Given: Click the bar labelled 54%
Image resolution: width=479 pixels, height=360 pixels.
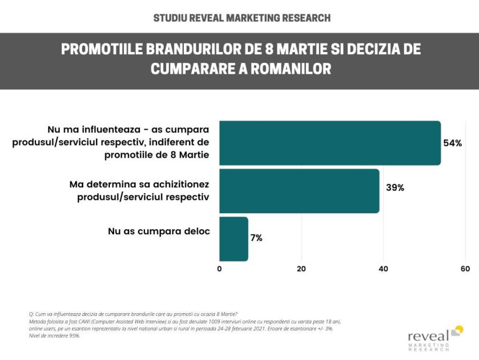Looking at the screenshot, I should click(x=330, y=143).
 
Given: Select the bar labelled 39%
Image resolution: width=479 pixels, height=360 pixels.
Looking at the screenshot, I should click(x=299, y=191).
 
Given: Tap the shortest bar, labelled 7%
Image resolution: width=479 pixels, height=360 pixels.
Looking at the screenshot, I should click(x=234, y=238).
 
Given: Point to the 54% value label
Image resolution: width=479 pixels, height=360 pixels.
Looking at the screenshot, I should click(x=452, y=143).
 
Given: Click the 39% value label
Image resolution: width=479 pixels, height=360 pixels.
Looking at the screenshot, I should click(x=395, y=187).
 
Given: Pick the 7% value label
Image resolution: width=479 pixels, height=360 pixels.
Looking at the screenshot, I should click(x=256, y=238).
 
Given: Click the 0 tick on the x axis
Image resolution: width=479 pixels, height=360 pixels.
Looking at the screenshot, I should click(x=220, y=269).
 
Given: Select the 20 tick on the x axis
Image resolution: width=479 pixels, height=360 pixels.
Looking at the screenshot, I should click(x=301, y=269).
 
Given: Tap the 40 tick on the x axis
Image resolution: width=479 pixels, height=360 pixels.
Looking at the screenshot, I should click(x=383, y=269).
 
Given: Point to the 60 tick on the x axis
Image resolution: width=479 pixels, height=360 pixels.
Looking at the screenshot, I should click(x=465, y=269).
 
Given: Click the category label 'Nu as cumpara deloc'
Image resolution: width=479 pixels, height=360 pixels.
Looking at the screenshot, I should click(x=159, y=231).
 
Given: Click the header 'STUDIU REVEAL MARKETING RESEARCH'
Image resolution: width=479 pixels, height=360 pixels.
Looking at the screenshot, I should click(x=241, y=18).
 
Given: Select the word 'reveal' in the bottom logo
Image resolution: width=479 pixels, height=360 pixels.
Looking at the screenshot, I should click(x=428, y=336).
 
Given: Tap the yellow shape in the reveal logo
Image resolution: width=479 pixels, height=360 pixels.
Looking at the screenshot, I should click(x=457, y=330).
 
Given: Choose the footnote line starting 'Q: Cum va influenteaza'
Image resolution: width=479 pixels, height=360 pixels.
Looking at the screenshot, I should click(x=132, y=314).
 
